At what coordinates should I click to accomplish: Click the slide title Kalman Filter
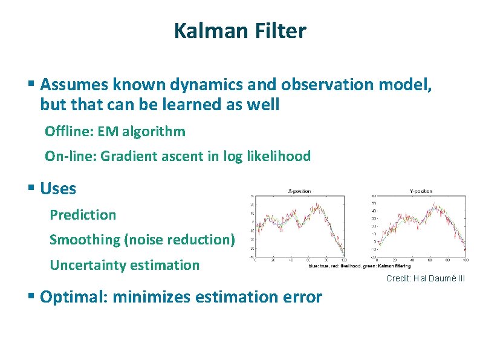point(240,30)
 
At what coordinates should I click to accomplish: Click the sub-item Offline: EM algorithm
point(115,131)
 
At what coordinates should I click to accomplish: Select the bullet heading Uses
point(58,189)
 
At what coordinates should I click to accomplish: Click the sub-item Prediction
point(83,215)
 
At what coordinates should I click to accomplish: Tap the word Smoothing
point(85,240)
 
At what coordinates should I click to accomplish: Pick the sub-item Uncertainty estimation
point(124,265)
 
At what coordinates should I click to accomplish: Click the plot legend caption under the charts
point(359,266)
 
